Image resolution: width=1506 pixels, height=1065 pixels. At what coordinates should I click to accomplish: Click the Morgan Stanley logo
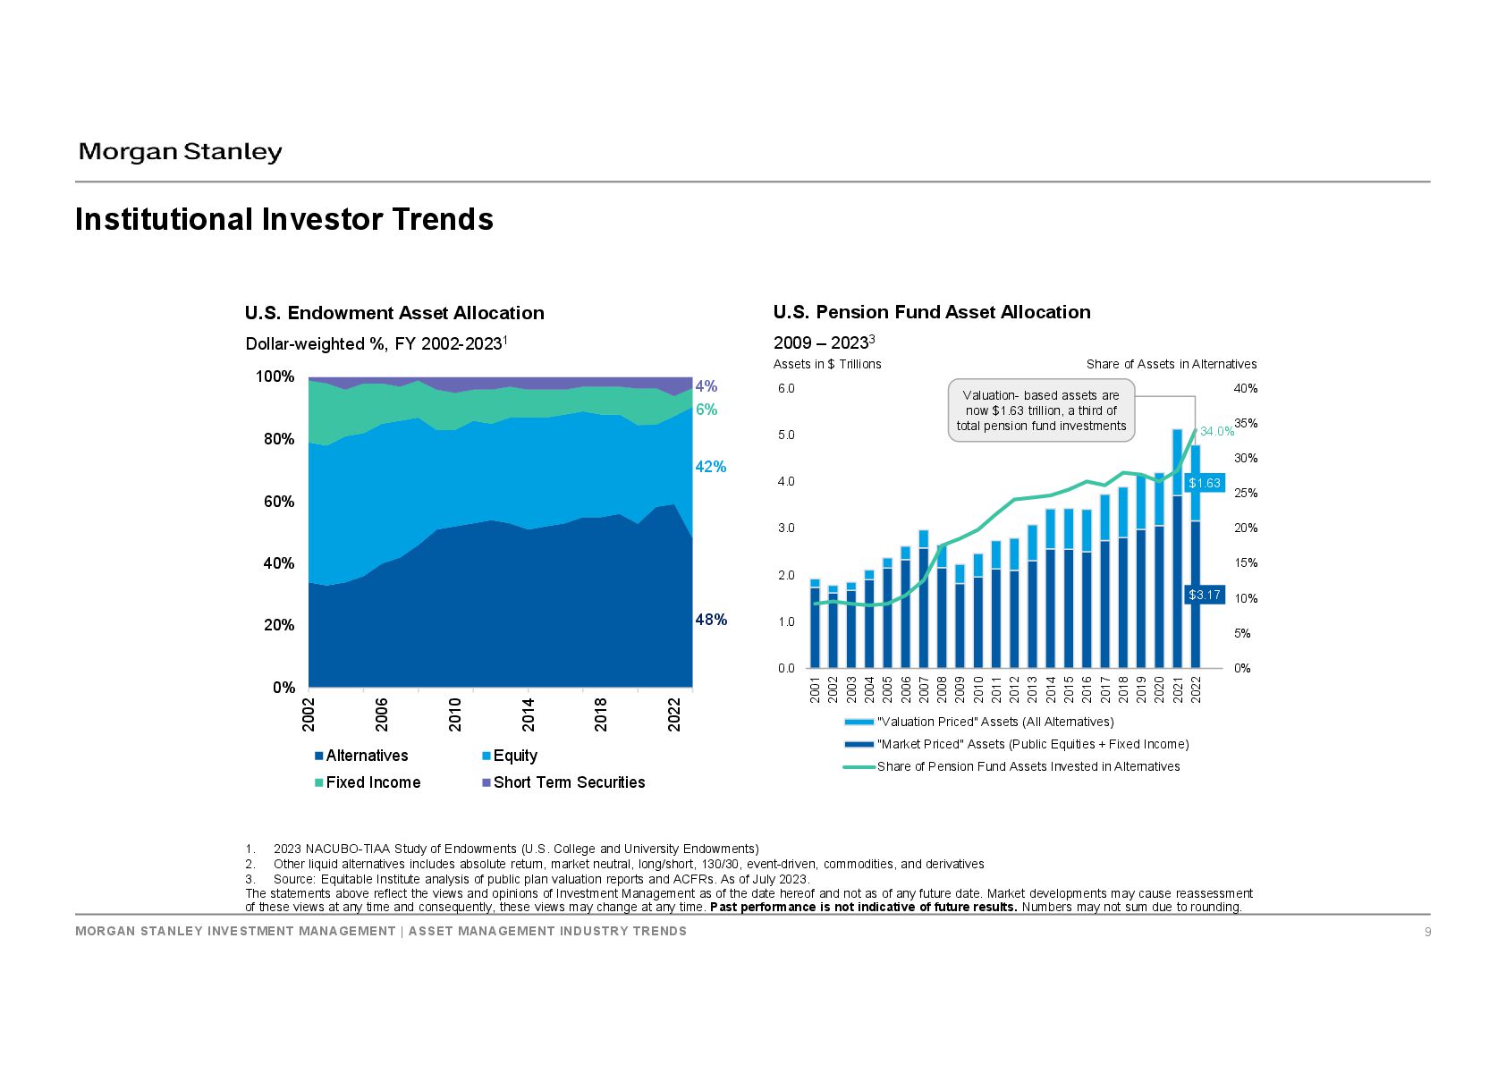pyautogui.click(x=180, y=153)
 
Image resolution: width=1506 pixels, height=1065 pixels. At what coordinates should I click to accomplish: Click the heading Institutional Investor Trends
pyautogui.click(x=284, y=219)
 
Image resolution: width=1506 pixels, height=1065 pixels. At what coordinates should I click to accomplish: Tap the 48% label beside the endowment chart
pyautogui.click(x=711, y=620)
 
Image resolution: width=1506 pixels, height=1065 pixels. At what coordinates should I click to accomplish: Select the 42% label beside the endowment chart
pyautogui.click(x=711, y=467)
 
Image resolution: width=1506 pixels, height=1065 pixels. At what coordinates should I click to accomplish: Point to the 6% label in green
pyautogui.click(x=706, y=410)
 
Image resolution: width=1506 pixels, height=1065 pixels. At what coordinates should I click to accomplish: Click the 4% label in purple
pyautogui.click(x=706, y=386)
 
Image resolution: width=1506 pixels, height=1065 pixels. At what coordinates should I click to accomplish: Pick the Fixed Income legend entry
pyautogui.click(x=368, y=782)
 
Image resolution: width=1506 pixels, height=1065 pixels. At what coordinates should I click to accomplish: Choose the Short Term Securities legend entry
pyautogui.click(x=563, y=782)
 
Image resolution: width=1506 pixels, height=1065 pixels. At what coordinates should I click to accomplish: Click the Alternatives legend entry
pyautogui.click(x=361, y=756)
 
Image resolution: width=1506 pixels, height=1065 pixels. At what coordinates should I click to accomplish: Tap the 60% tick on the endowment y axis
pyautogui.click(x=279, y=502)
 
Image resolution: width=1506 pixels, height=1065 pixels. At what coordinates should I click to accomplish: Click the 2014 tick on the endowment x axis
pyautogui.click(x=529, y=714)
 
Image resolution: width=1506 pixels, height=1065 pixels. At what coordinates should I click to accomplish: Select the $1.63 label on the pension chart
pyautogui.click(x=1204, y=483)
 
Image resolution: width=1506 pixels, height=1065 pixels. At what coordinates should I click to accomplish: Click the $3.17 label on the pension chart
pyautogui.click(x=1204, y=595)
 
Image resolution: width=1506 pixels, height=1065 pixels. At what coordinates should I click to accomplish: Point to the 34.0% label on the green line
pyautogui.click(x=1217, y=432)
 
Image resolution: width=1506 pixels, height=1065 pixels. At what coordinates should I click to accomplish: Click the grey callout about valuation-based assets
pyautogui.click(x=1042, y=410)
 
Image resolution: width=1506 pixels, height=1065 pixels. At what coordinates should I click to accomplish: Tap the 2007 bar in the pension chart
pyautogui.click(x=924, y=599)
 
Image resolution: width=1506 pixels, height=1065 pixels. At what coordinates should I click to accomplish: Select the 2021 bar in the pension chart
pyautogui.click(x=1177, y=549)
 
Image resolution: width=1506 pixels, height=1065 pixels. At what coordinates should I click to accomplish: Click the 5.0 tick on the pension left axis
pyautogui.click(x=786, y=435)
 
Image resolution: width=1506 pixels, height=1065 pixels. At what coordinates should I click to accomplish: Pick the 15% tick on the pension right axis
pyautogui.click(x=1246, y=562)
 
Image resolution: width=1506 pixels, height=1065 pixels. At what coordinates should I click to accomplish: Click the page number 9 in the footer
pyautogui.click(x=1428, y=932)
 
